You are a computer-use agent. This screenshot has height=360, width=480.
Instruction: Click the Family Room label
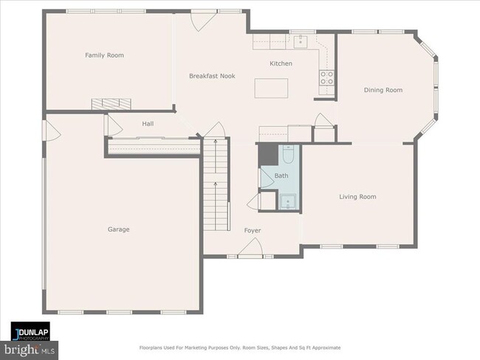103,55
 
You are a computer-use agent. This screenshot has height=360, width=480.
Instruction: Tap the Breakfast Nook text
211,76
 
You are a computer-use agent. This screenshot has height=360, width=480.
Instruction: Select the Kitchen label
281,63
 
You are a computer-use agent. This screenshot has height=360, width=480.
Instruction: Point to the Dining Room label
383,90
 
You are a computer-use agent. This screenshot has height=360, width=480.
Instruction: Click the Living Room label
357,197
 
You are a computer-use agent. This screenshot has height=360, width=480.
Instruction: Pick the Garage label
118,229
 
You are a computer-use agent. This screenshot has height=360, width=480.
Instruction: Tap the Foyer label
253,231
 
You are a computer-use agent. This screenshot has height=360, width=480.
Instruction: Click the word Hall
148,124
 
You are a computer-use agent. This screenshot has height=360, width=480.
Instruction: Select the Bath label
281,176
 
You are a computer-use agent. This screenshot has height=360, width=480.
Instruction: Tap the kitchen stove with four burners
326,76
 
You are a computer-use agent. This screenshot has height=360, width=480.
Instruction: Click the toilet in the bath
289,154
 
